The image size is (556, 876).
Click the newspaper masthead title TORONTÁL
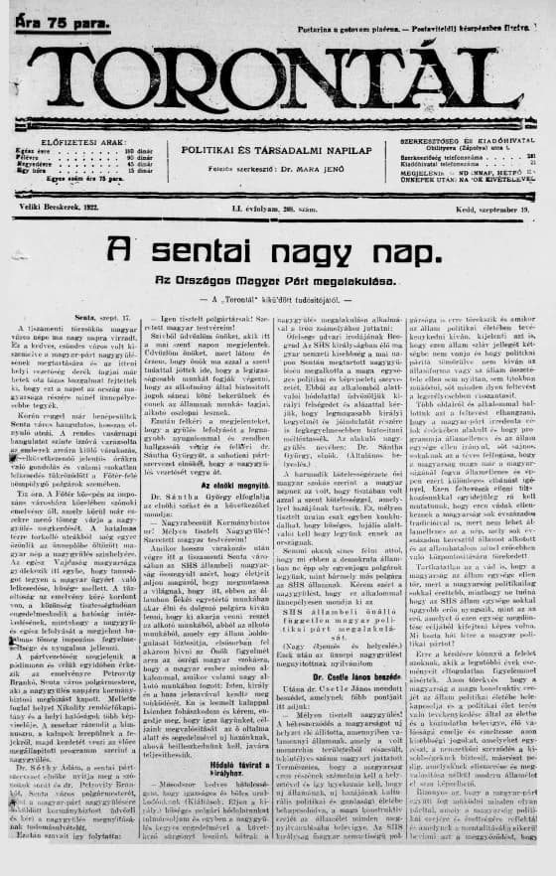pyautogui.click(x=277, y=77)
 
